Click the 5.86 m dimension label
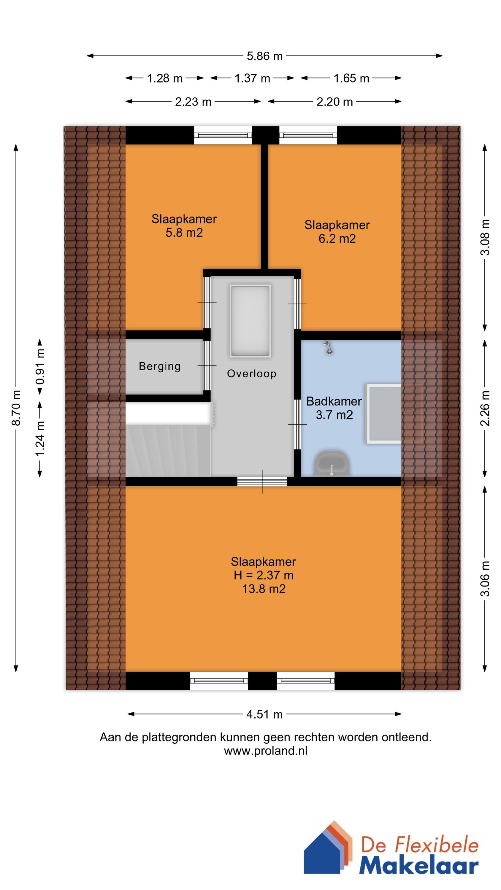click(x=264, y=56)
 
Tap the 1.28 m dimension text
click(x=165, y=78)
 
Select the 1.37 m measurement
click(x=252, y=78)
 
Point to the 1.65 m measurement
click(x=351, y=78)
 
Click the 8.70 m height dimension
click(x=17, y=408)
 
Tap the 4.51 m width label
click(x=264, y=714)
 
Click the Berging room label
click(x=160, y=366)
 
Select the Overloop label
click(x=251, y=374)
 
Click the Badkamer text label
click(x=334, y=401)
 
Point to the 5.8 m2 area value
click(x=184, y=233)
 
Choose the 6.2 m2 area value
click(x=337, y=239)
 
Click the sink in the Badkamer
click(x=332, y=463)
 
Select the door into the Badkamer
click(x=297, y=424)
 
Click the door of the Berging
click(x=207, y=365)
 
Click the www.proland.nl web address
click(x=266, y=751)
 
